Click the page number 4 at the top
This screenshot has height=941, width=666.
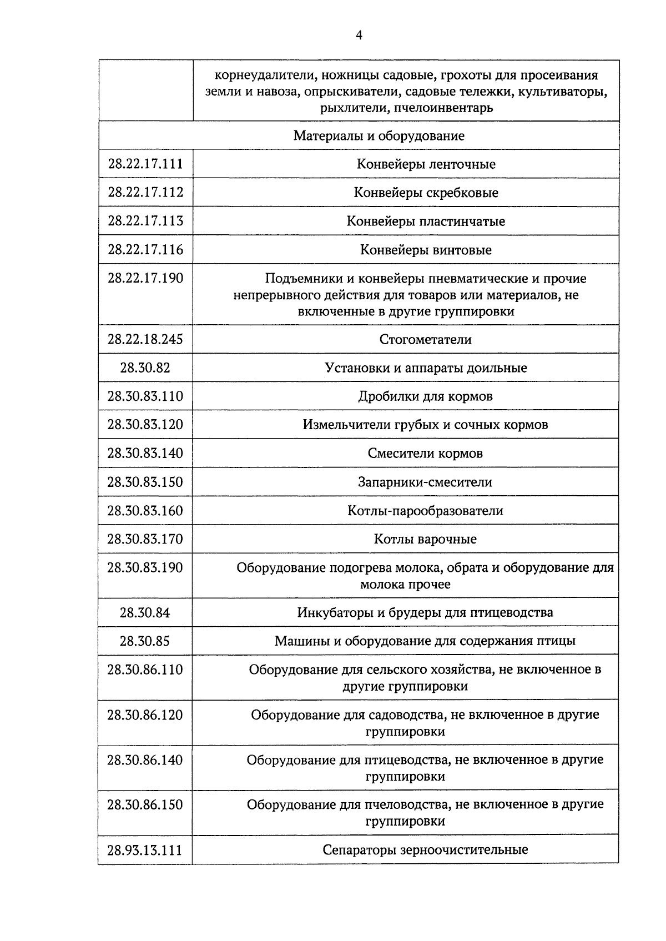click(x=359, y=36)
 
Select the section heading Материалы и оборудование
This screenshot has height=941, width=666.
click(x=379, y=136)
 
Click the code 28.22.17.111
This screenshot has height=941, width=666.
click(x=145, y=164)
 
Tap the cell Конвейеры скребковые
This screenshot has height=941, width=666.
click(x=426, y=193)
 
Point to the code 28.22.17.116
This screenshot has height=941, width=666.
click(x=145, y=249)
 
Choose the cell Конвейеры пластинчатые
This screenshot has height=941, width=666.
click(x=426, y=222)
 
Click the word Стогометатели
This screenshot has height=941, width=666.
click(x=426, y=339)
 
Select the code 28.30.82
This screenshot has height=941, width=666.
click(x=145, y=368)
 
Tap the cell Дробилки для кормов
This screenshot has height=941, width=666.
click(x=426, y=396)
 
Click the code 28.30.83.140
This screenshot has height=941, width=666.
click(x=145, y=453)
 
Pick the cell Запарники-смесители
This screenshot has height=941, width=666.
click(x=425, y=482)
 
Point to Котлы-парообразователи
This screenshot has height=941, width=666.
click(x=425, y=511)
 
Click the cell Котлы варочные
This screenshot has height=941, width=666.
click(x=425, y=539)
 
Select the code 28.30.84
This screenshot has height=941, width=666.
click(x=145, y=613)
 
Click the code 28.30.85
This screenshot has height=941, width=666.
click(x=145, y=641)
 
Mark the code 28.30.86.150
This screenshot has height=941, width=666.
click(x=145, y=804)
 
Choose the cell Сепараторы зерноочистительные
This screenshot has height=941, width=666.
click(x=425, y=850)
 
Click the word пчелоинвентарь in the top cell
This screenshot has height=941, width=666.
click(x=443, y=108)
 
